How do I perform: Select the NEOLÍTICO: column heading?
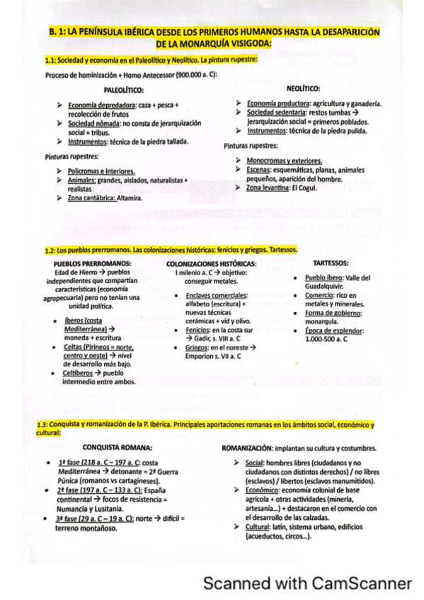point(304,88)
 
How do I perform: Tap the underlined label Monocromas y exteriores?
point(284,161)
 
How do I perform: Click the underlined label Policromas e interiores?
point(101,171)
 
